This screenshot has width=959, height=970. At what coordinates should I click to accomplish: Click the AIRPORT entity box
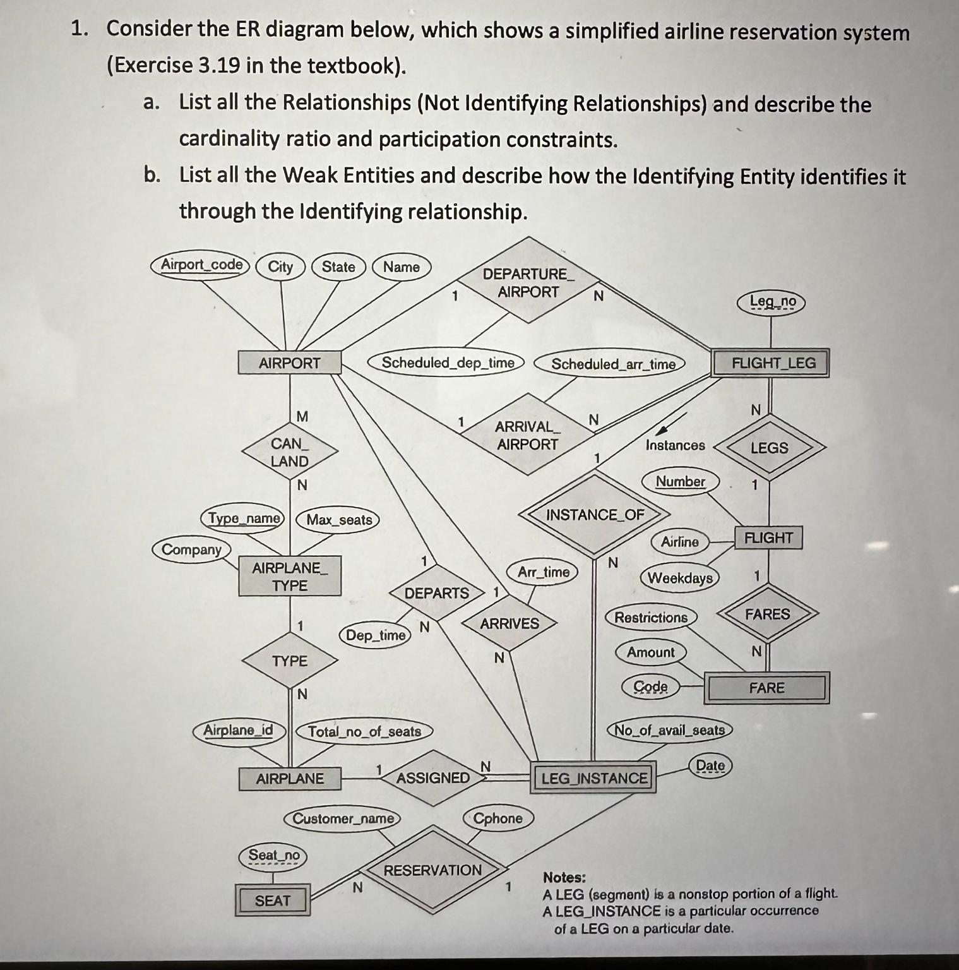coord(290,363)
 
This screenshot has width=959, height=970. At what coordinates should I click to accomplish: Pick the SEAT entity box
coord(273,901)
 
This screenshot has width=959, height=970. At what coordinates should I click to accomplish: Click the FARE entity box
coord(766,688)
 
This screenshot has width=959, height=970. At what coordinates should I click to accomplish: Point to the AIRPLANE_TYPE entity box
coord(290,577)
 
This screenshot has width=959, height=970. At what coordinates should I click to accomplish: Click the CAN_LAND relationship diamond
coord(290,452)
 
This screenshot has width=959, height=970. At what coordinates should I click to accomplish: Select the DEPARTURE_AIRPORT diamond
coord(528,282)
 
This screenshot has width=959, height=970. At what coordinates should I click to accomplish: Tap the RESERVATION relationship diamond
coord(433,870)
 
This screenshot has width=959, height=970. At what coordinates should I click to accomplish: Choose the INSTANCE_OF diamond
coord(595,515)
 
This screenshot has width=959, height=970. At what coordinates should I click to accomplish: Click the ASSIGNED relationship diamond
coord(433,778)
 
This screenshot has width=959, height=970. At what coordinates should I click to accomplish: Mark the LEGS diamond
coord(769,448)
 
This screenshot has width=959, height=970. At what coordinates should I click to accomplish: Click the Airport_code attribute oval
coord(201,265)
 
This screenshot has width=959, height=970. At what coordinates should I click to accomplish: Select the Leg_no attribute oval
coord(772,302)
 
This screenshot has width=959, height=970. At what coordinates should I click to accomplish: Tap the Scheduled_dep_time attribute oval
coord(448,362)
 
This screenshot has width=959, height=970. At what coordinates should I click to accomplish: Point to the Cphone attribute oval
coord(498,818)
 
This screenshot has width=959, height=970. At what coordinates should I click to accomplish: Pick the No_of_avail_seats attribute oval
coord(670,730)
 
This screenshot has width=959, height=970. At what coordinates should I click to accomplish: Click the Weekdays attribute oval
coord(680,578)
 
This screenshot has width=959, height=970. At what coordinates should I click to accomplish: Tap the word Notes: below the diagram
coord(564,877)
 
